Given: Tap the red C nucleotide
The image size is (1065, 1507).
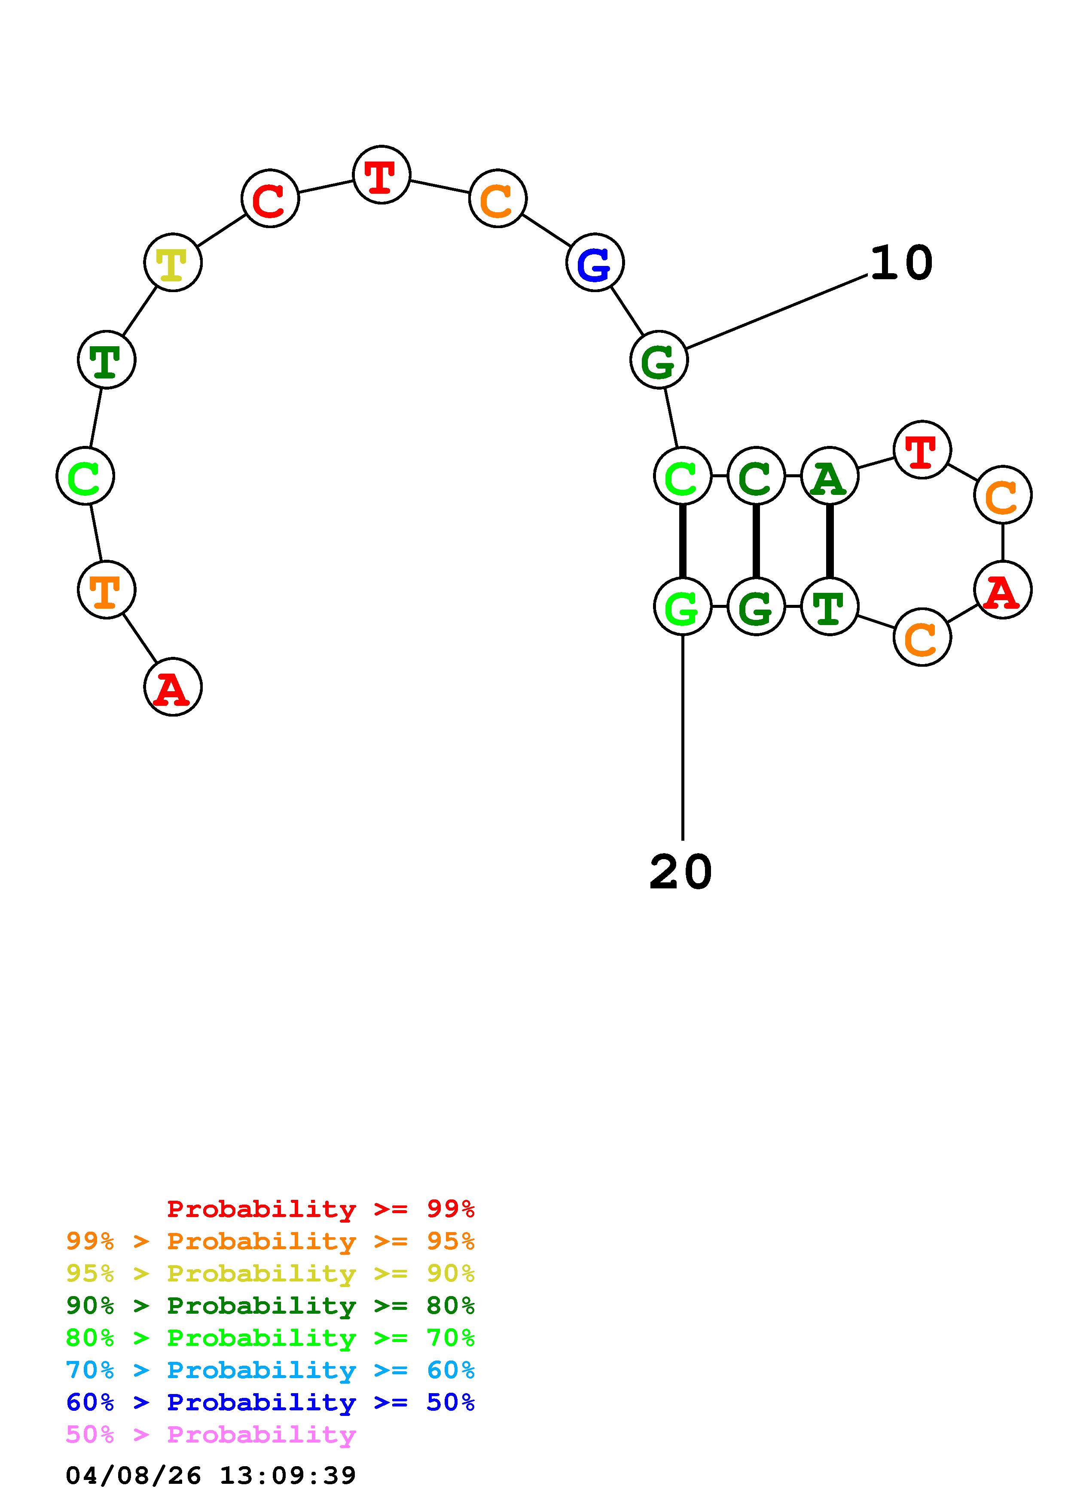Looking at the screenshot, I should click(270, 199).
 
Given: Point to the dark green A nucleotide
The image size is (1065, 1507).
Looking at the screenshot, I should click(830, 476).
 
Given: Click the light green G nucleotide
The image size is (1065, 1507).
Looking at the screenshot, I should click(683, 607).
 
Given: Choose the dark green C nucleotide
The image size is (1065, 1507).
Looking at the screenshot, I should click(756, 476).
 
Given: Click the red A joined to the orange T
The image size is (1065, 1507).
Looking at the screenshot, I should click(173, 687).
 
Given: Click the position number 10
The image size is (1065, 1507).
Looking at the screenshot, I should click(901, 263).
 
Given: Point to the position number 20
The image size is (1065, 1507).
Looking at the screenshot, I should click(681, 872).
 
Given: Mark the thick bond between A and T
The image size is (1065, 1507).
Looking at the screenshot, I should click(830, 541).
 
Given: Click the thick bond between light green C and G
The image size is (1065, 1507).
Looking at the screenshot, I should click(683, 541).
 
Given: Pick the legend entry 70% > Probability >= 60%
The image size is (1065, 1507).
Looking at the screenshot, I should click(270, 1370).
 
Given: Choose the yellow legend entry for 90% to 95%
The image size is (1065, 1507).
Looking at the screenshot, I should click(270, 1273).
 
